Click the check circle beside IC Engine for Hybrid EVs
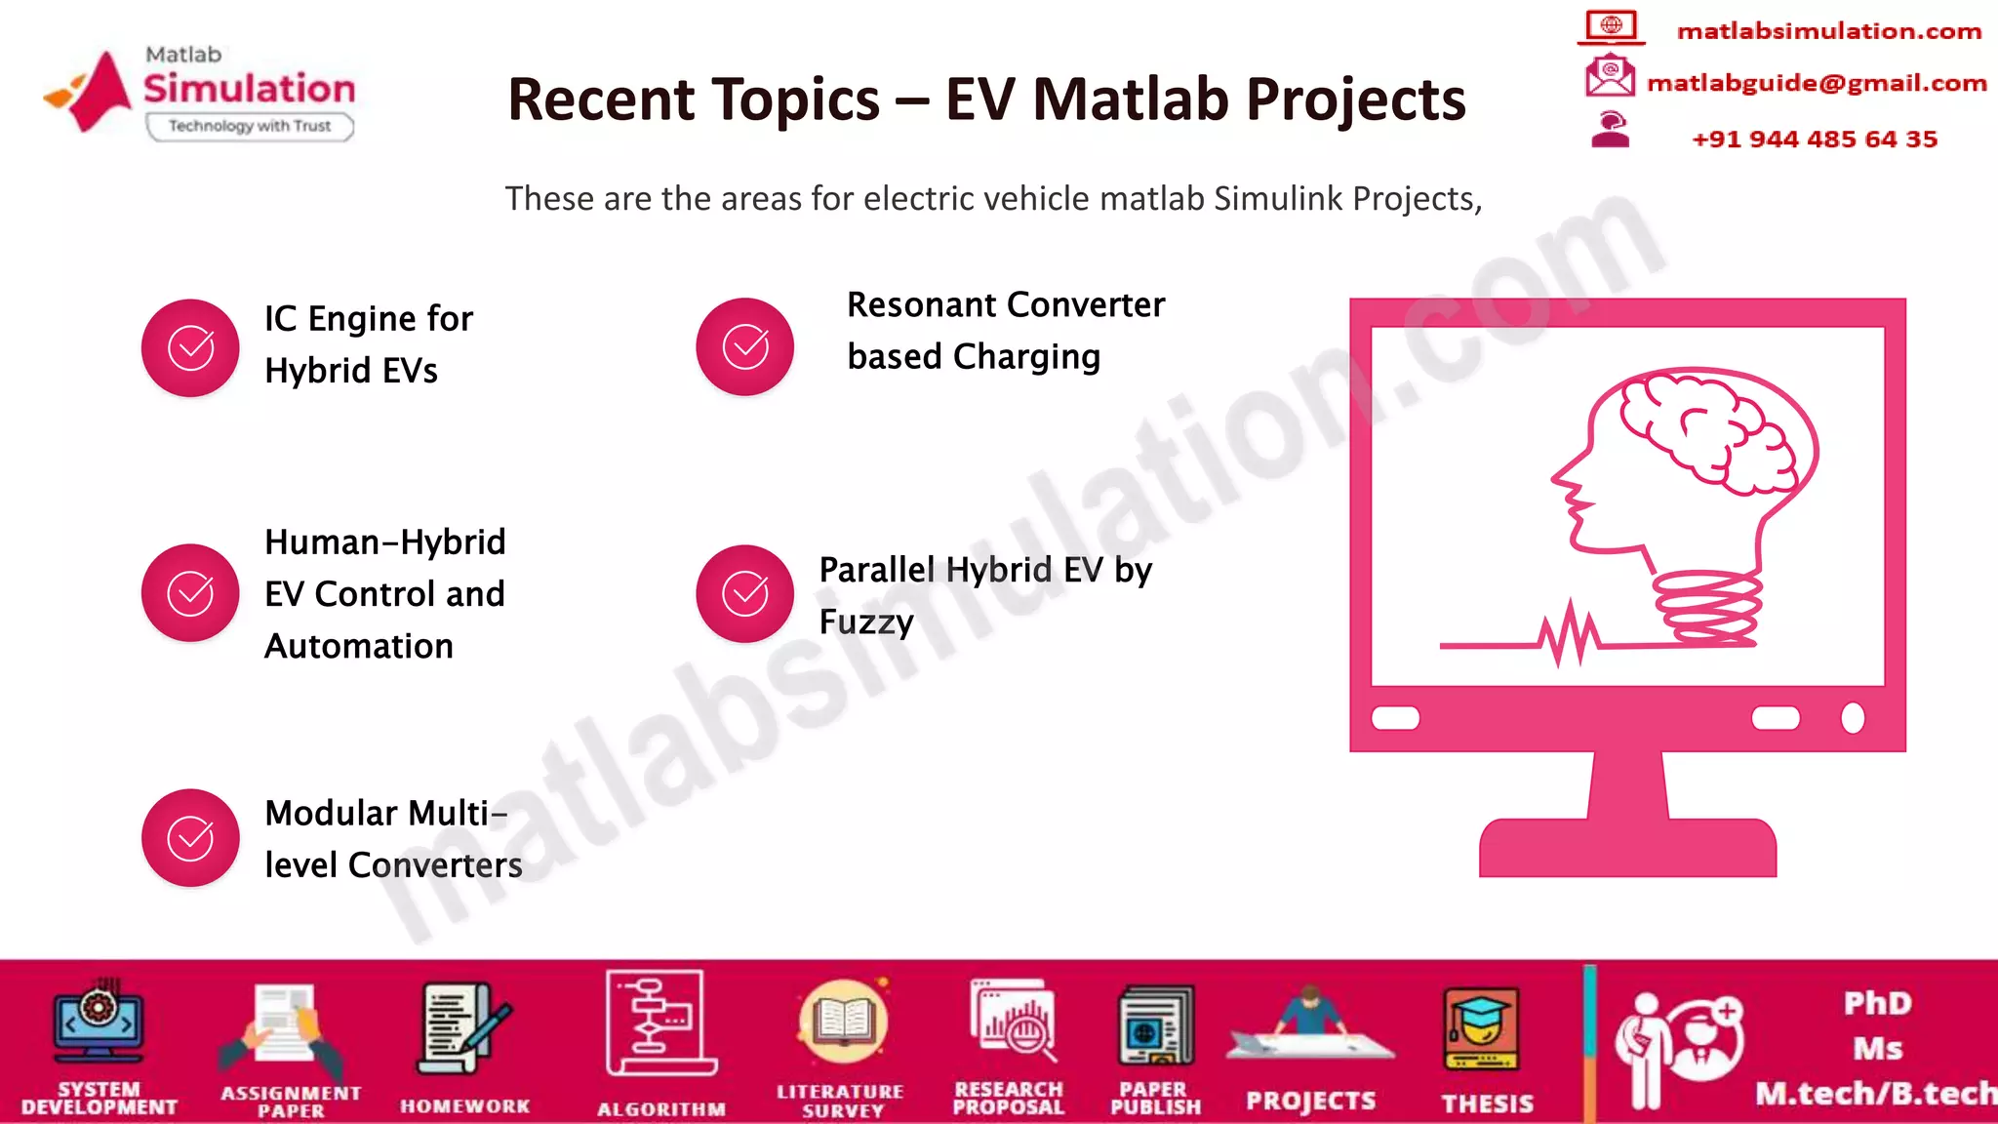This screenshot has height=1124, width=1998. [190, 348]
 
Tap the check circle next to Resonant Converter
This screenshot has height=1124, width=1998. [744, 346]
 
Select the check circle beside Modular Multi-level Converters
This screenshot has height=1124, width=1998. [190, 838]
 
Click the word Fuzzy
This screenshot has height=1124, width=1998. [866, 622]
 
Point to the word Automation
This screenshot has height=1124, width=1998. [359, 646]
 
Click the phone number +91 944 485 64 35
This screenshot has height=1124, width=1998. [1815, 140]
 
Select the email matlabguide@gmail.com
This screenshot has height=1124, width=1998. [1817, 83]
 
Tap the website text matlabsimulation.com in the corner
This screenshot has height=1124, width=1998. [1829, 31]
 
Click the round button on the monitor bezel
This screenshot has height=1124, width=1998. [1853, 718]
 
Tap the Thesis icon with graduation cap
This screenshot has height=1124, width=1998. [1481, 1029]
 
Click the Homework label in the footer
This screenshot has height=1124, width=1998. [465, 1106]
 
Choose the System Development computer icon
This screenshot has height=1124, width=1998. [99, 1024]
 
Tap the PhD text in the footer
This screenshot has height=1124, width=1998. [1877, 1003]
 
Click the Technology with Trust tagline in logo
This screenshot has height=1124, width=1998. [250, 126]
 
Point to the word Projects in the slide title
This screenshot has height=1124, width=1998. [1356, 100]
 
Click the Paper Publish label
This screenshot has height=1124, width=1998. [1155, 1099]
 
